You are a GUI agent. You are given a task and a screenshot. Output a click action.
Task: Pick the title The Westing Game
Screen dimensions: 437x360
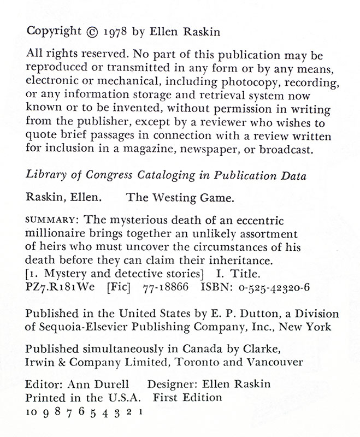[x=181, y=199]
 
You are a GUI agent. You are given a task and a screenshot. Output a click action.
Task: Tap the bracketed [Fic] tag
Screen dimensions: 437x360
[x=125, y=284]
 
